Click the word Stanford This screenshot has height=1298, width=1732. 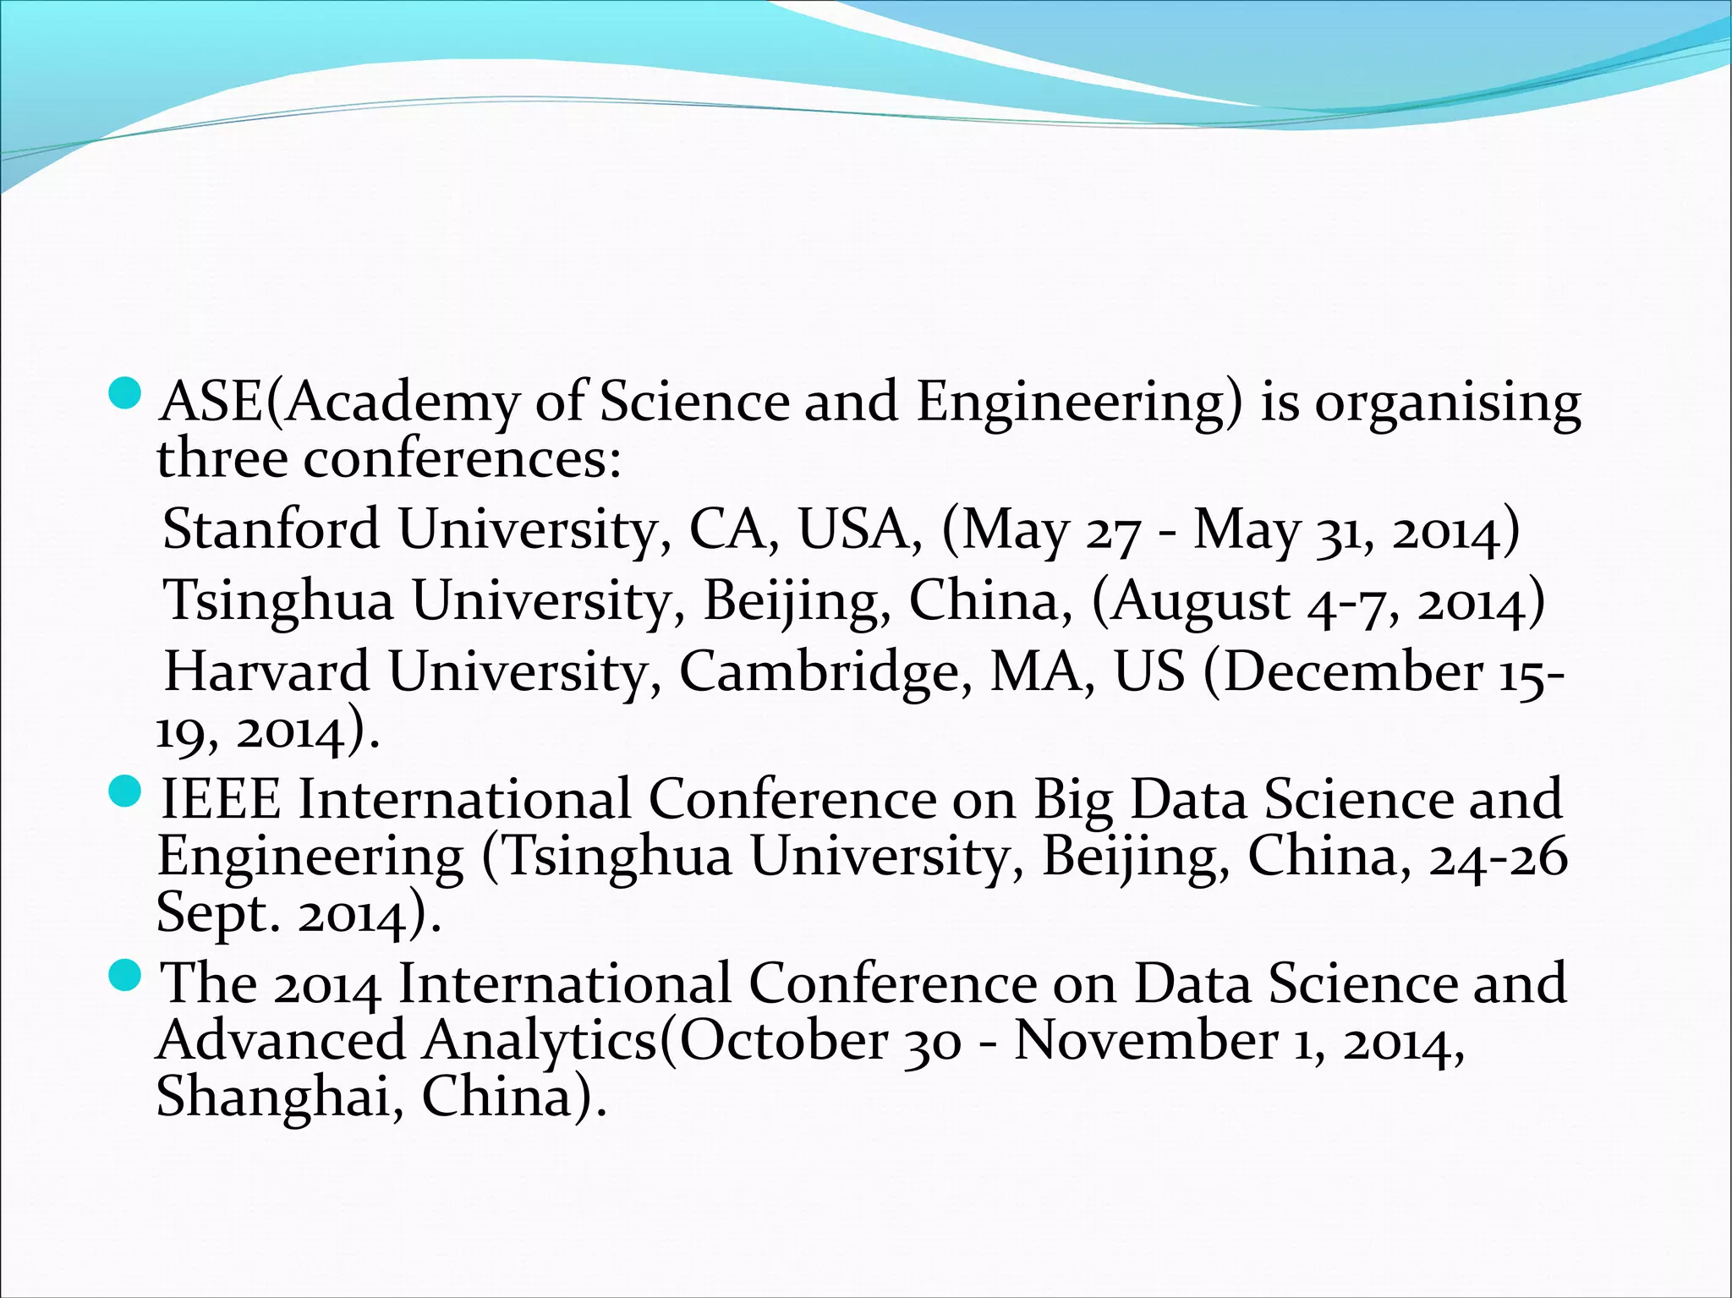[x=271, y=529]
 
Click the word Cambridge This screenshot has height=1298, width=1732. [x=825, y=673]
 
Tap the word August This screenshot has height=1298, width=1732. [x=1201, y=602]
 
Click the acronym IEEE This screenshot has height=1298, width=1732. [x=221, y=799]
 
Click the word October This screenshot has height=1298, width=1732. [x=783, y=1040]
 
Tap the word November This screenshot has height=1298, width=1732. [x=1145, y=1040]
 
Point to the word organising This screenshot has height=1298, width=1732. [x=1447, y=404]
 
